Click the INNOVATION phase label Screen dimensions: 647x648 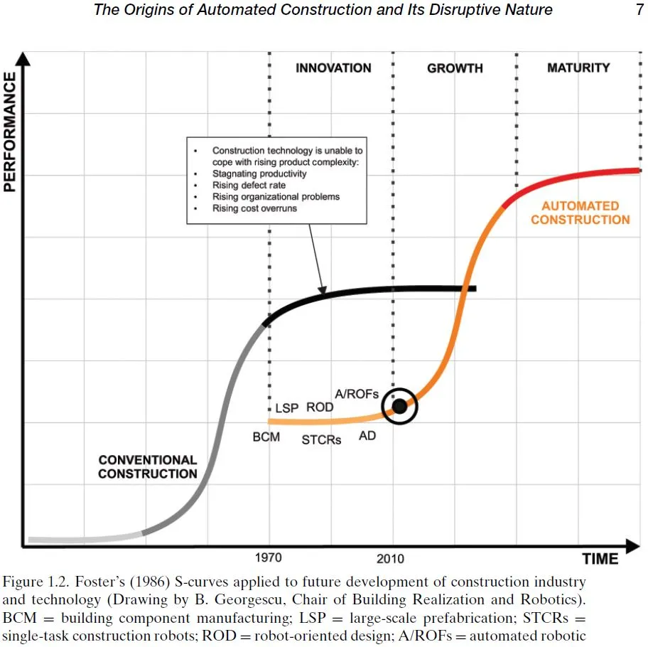tap(333, 68)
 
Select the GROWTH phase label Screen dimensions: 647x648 tap(455, 68)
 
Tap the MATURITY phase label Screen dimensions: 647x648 tap(578, 68)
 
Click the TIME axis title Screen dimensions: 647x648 tap(600, 558)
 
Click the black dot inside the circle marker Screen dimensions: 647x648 tap(399, 406)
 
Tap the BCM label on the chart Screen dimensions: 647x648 tap(266, 437)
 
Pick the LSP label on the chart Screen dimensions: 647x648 tap(287, 409)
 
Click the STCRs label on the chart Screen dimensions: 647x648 tap(321, 439)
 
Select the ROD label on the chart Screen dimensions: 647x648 tap(320, 408)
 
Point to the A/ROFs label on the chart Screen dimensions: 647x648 tap(357, 394)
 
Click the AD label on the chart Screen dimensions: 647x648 tap(367, 436)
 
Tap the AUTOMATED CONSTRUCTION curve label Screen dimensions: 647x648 tap(580, 213)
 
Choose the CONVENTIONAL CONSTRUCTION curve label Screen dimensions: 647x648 tap(147, 466)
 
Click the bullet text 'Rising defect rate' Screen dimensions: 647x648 tap(249, 185)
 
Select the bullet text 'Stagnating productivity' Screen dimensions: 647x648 tap(259, 173)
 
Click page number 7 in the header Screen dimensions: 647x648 tap(639, 10)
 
